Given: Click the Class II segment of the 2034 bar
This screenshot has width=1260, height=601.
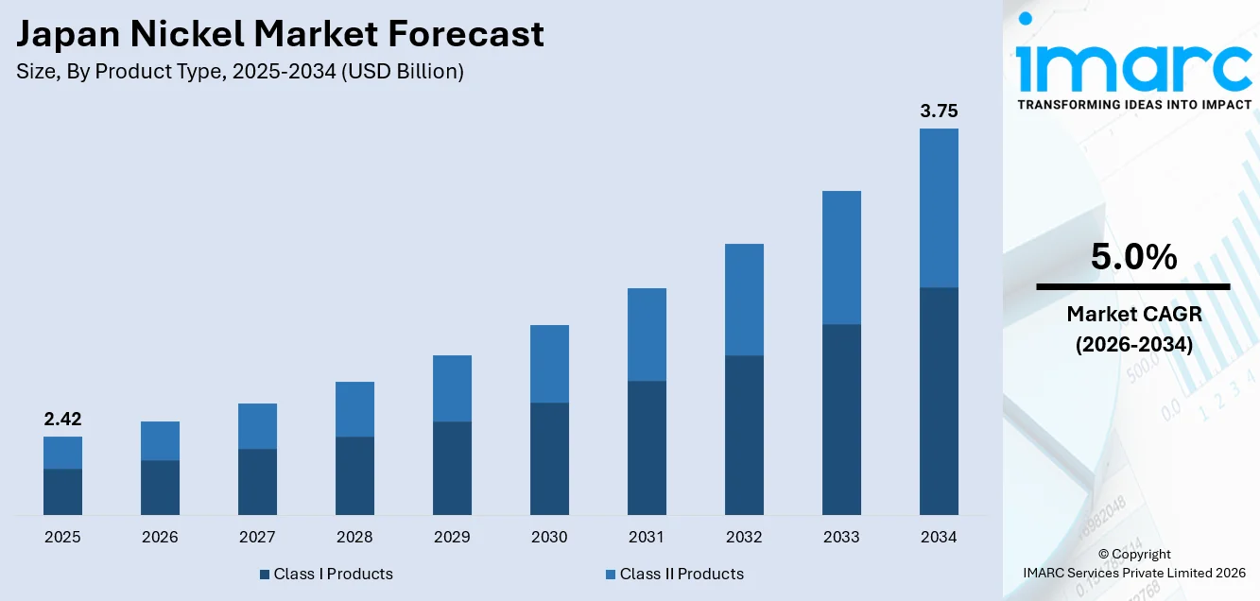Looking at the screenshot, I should [939, 208].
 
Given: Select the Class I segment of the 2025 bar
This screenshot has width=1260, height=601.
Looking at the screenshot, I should [62, 491].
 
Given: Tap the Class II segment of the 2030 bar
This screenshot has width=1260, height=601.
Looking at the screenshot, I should [549, 364].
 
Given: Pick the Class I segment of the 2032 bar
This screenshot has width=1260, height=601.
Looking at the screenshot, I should [744, 435].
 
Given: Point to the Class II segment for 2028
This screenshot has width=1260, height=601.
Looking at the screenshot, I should [354, 409].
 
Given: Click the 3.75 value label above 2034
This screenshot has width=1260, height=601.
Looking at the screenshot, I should [939, 112].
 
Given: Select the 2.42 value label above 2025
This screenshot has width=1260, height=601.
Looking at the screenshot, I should [62, 420].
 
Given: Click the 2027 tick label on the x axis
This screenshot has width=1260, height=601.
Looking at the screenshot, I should [257, 537].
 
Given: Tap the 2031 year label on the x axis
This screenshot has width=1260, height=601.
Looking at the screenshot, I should [647, 537].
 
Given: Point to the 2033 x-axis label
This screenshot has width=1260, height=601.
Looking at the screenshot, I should [841, 537].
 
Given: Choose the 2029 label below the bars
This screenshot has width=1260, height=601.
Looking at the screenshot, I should [452, 537].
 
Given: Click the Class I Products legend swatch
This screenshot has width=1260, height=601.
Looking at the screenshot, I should [265, 575].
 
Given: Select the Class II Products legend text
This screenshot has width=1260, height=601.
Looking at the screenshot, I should [682, 574].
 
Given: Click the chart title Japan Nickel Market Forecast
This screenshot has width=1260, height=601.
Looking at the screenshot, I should [281, 34].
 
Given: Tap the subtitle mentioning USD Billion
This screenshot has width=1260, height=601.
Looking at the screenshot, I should [240, 72].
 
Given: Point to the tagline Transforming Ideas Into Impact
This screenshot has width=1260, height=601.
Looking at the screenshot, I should [1134, 105].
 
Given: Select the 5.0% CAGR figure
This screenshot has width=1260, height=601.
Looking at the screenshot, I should [1133, 257].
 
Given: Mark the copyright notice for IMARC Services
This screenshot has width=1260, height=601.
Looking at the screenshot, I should [1133, 563].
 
